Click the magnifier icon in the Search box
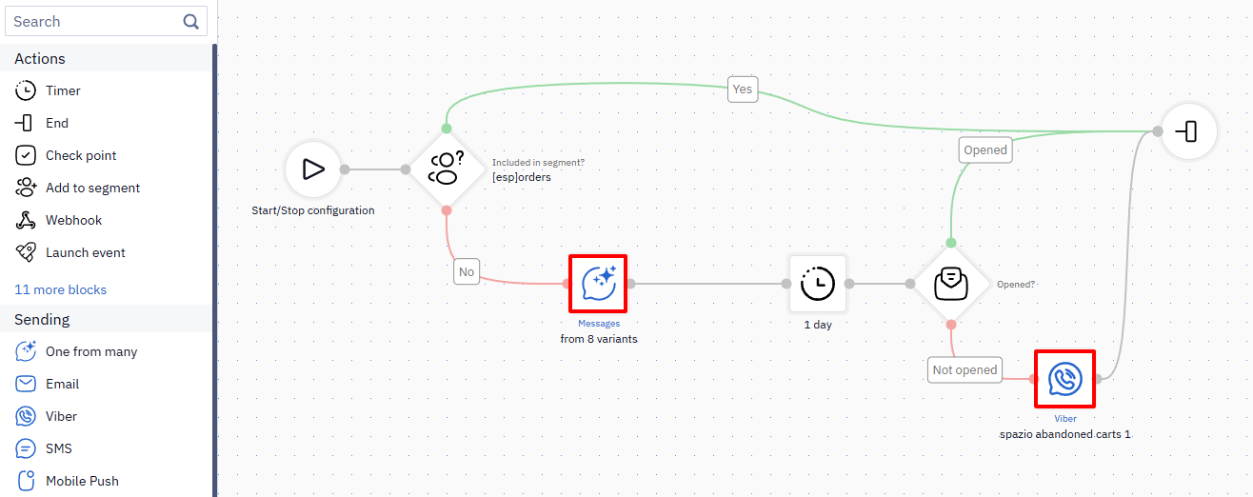point(190,22)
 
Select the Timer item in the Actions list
point(49,90)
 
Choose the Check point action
point(66,155)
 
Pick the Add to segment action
point(78,188)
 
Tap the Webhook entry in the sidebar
point(59,220)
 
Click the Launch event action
point(70,252)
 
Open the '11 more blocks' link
point(60,289)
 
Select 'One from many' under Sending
point(76,351)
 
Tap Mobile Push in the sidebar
point(67,481)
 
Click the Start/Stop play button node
point(313,169)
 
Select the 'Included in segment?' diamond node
point(446,169)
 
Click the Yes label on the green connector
point(743,89)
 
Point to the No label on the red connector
point(467,271)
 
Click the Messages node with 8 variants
point(598,284)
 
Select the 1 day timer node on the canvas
point(817,284)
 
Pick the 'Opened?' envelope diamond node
point(951,284)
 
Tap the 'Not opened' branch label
point(965,370)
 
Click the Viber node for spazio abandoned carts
point(1065,379)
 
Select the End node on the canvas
point(1188,132)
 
